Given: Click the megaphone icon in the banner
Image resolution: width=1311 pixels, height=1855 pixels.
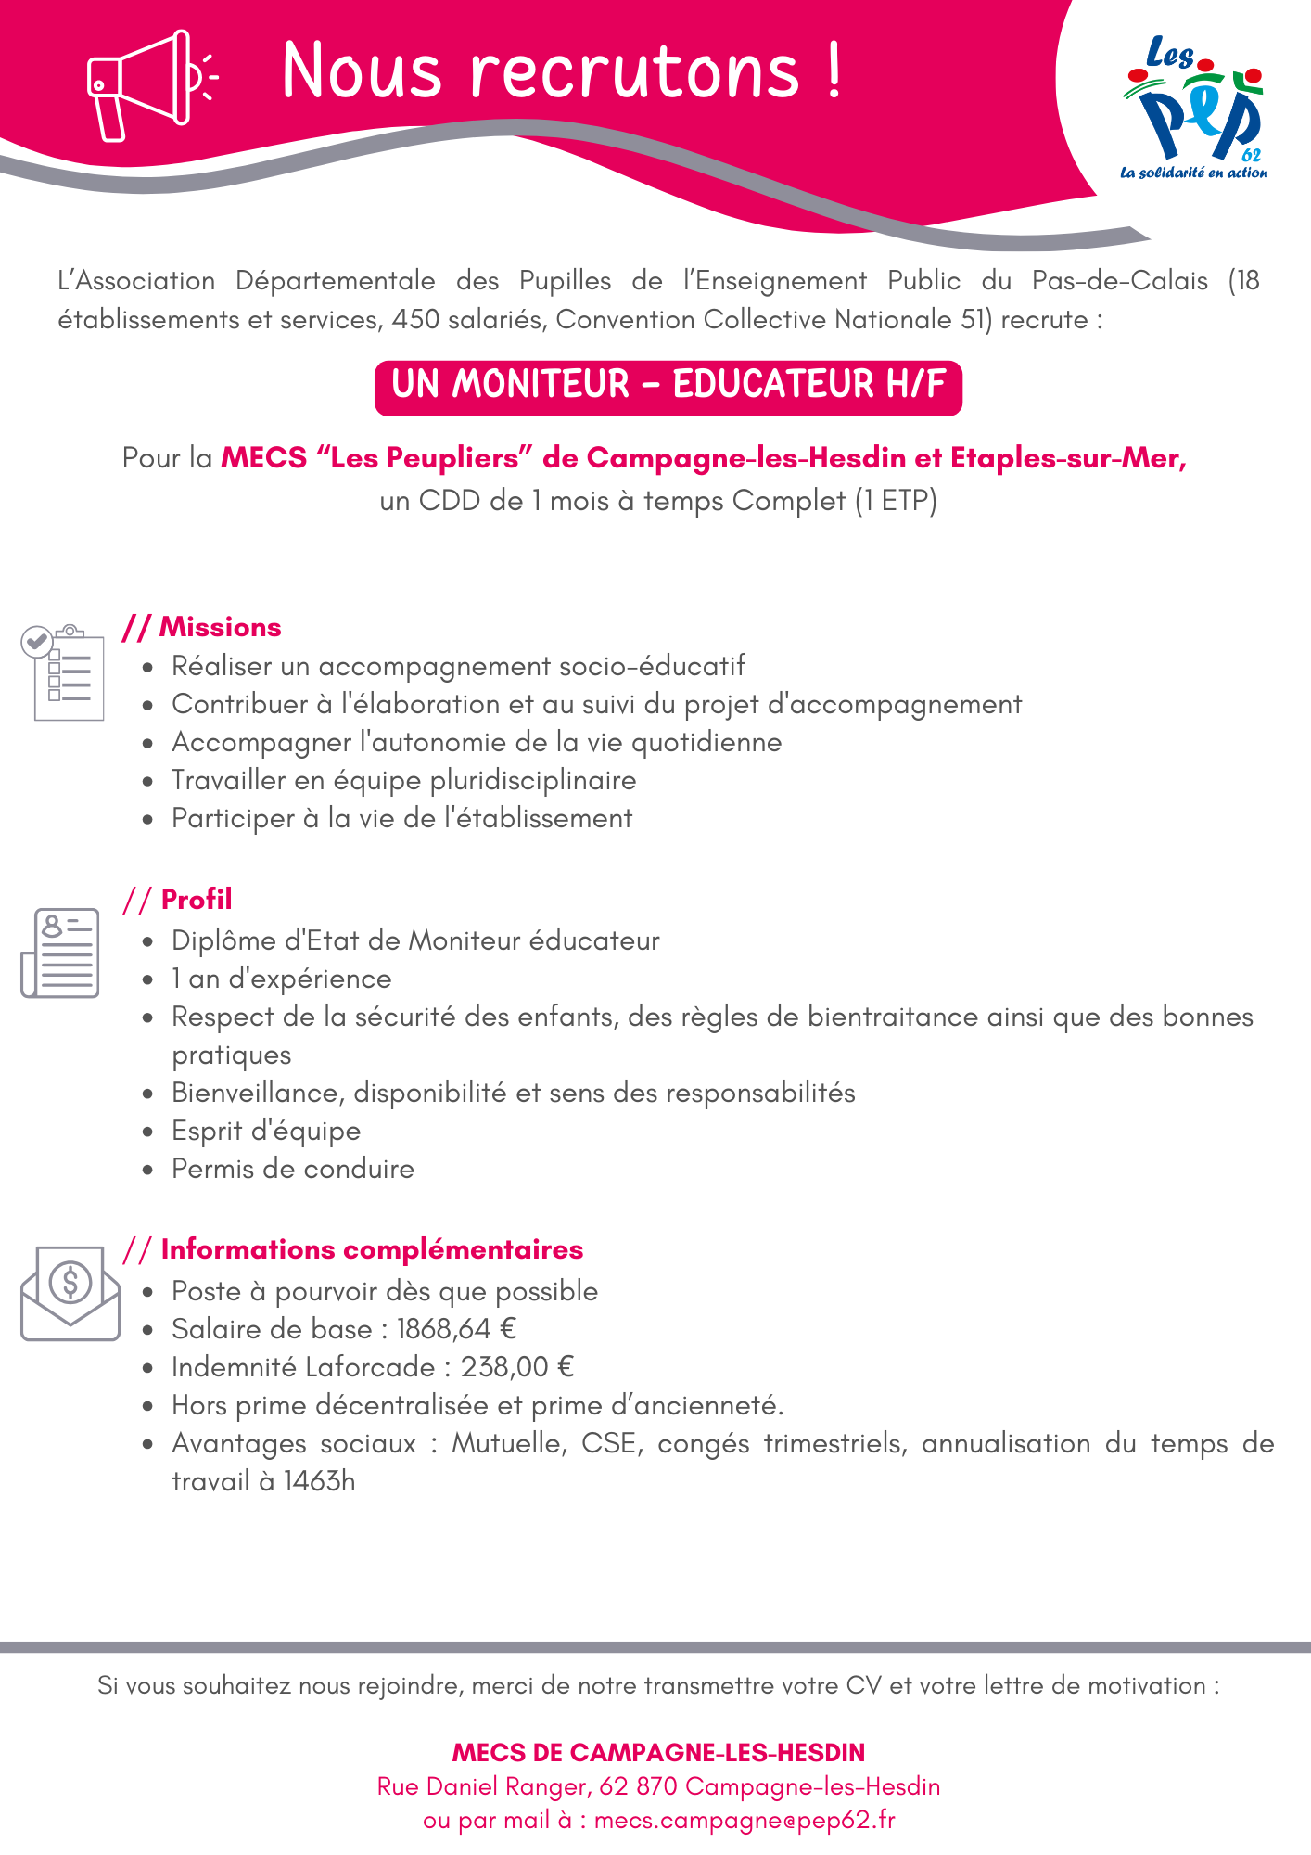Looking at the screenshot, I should coord(148,85).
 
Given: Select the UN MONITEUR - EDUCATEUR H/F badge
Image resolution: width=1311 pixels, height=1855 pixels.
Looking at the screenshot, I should coord(668,385).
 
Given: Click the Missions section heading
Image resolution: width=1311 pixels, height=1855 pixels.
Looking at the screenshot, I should coord(220,627).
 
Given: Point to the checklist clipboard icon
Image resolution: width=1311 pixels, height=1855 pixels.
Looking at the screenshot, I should coord(63,672).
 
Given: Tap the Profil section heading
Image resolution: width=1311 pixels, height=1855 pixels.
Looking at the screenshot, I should coord(197,899).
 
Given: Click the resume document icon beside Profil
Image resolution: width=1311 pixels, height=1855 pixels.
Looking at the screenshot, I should coord(60,953).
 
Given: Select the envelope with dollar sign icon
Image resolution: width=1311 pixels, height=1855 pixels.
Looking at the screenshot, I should coord(70,1292).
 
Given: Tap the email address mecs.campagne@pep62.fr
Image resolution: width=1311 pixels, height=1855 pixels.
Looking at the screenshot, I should coord(745,1820).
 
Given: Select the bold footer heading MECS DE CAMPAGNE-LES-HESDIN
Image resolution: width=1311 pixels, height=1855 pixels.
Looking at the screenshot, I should coord(658,1752).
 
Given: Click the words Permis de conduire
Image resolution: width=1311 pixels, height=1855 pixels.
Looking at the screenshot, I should coord(293,1169).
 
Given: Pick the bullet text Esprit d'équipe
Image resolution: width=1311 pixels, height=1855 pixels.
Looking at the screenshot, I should coord(266,1131).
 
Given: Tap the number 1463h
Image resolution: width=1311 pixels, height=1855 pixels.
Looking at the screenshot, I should coord(320,1481).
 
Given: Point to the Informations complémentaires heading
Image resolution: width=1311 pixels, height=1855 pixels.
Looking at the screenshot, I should coord(372,1249).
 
